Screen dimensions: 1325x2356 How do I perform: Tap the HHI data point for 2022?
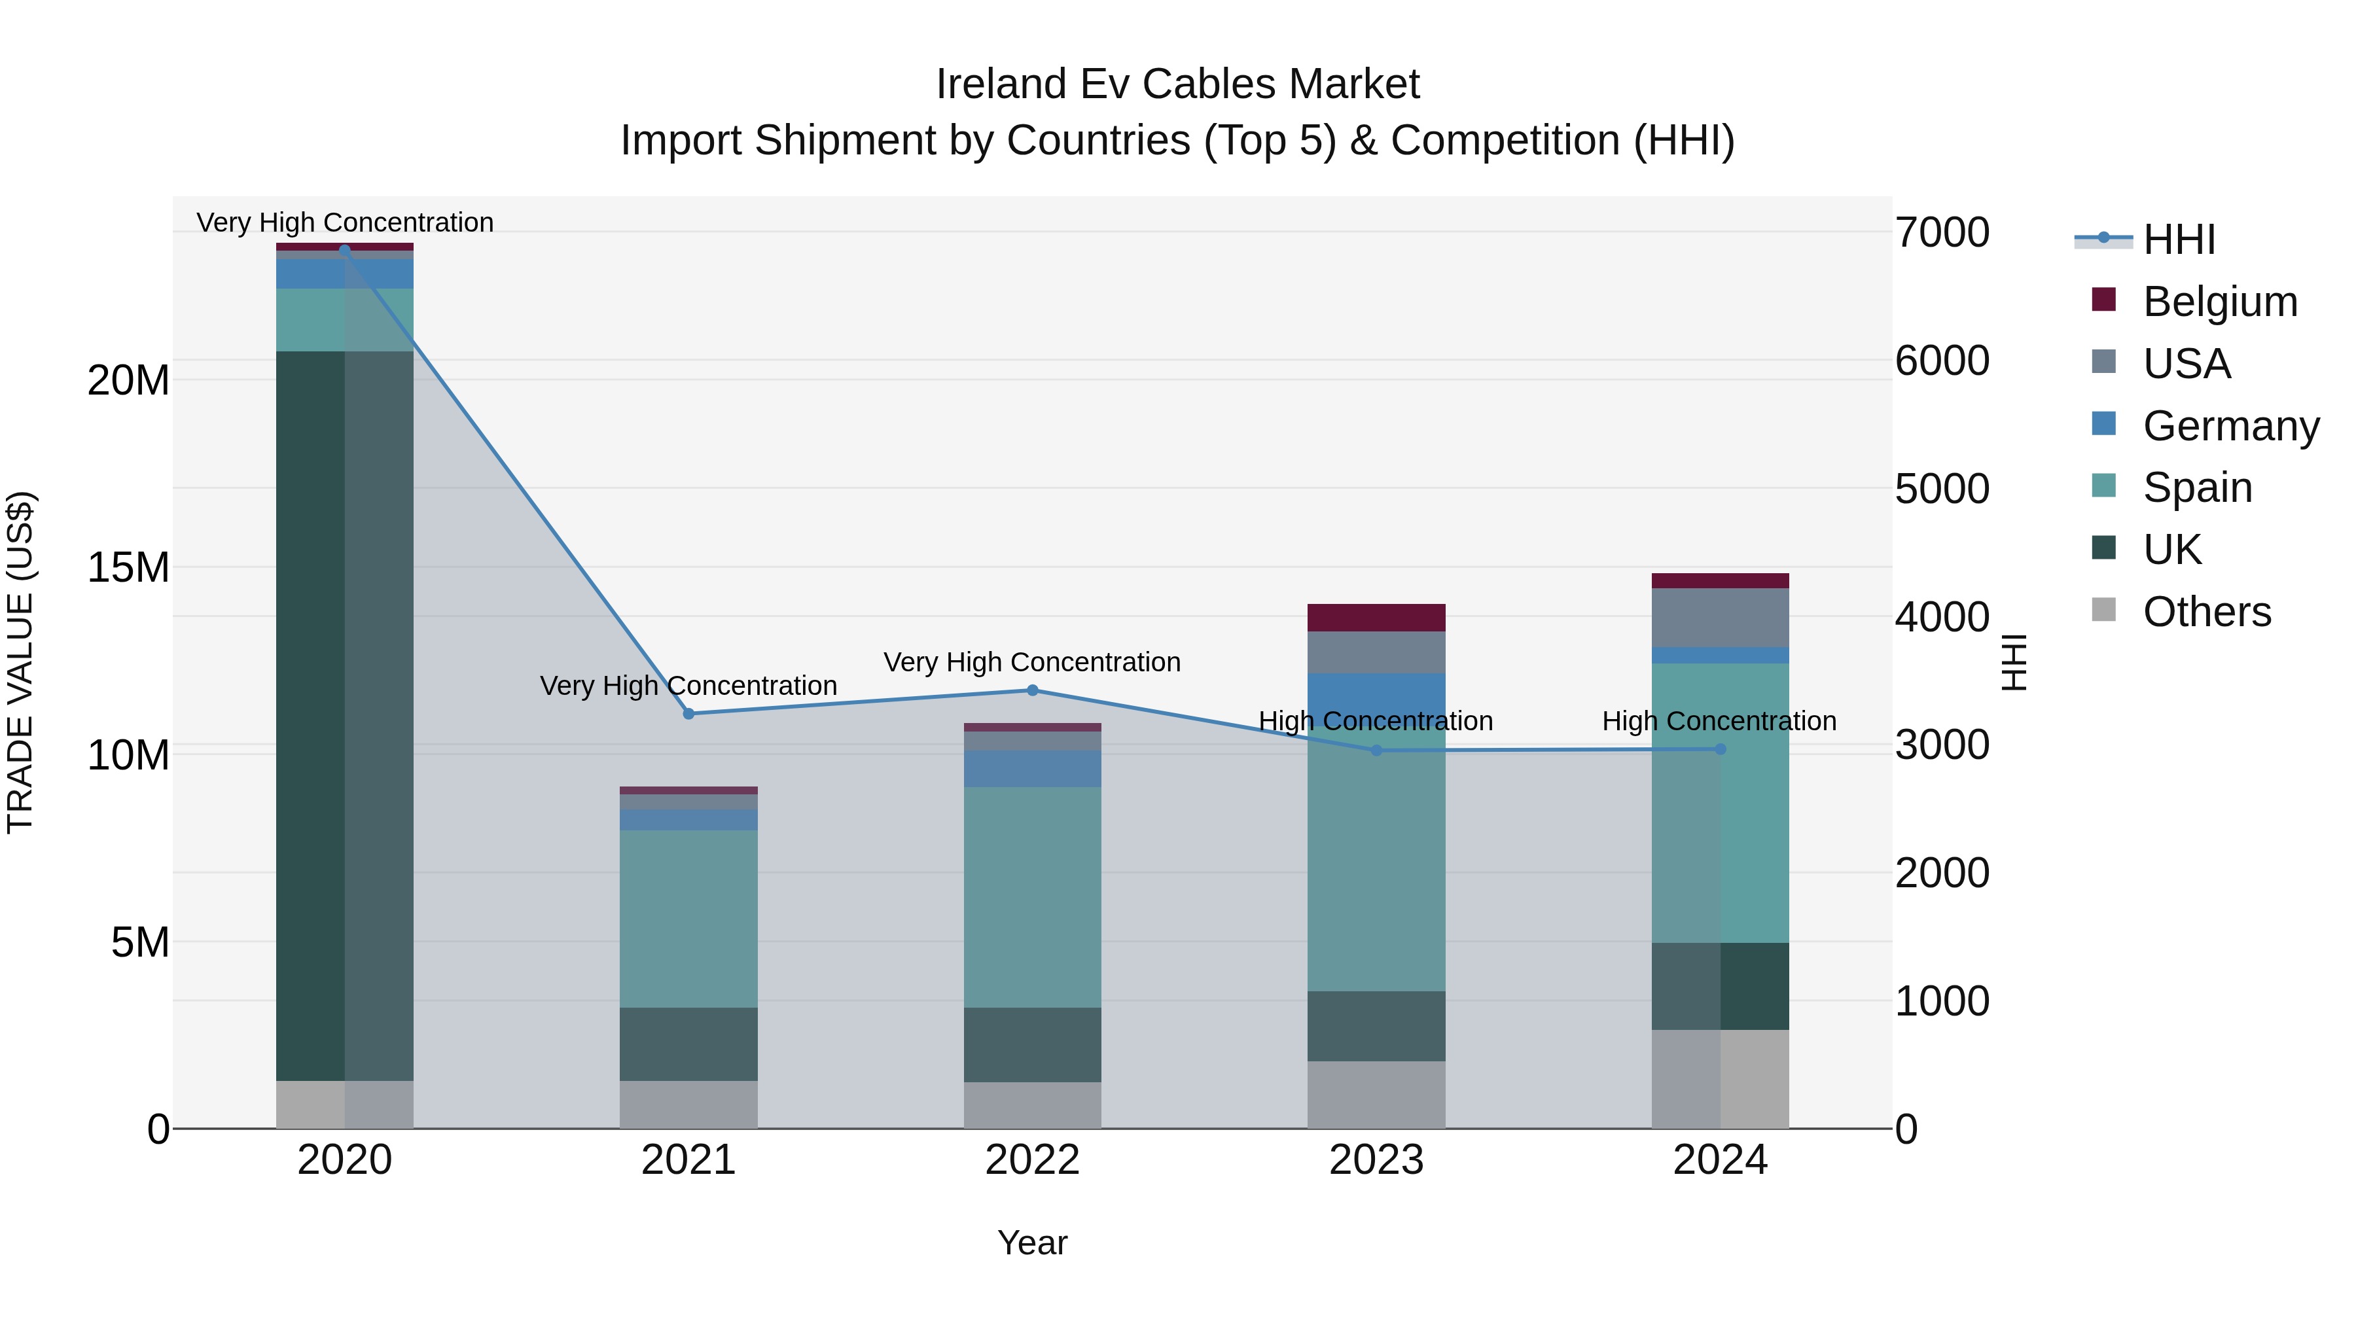(1033, 690)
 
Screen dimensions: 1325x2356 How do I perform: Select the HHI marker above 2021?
(688, 713)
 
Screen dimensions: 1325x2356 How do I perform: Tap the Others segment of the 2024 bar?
(1719, 1078)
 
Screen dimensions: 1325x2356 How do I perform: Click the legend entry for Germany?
(2230, 426)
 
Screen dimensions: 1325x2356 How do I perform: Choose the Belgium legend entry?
(2219, 302)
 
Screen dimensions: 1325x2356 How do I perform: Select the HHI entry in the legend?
(2179, 239)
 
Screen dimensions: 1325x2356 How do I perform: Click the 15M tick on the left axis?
(128, 568)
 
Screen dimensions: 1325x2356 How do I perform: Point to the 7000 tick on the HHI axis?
(1942, 232)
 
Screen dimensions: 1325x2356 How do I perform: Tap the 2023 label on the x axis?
(1376, 1160)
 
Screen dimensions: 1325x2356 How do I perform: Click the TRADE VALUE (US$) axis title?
(20, 662)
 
